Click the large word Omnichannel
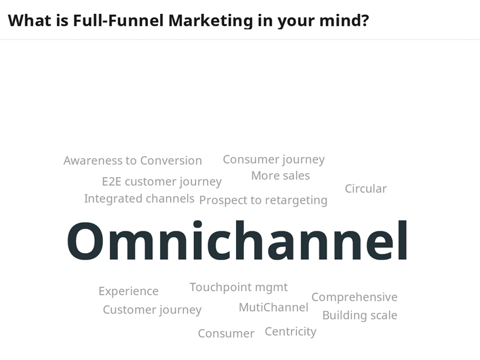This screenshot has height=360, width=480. click(237, 241)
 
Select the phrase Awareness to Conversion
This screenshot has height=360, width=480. click(133, 161)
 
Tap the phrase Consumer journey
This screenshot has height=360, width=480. click(274, 160)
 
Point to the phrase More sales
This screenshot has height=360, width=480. click(280, 176)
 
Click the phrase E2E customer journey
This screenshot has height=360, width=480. click(162, 182)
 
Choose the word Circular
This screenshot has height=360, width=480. click(365, 188)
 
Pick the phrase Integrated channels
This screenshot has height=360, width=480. click(139, 199)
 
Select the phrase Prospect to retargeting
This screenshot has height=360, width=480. click(263, 201)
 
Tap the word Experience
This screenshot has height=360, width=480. click(129, 291)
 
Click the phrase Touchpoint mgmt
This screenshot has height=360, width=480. click(238, 288)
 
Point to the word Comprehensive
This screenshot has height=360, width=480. click(354, 297)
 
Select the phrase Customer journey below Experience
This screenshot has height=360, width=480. click(152, 310)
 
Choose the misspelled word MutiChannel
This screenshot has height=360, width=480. click(274, 307)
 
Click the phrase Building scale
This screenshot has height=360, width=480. click(360, 316)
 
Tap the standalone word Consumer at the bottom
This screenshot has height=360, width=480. click(226, 333)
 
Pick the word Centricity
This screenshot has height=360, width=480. click(290, 332)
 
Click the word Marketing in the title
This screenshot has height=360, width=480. click(211, 21)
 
